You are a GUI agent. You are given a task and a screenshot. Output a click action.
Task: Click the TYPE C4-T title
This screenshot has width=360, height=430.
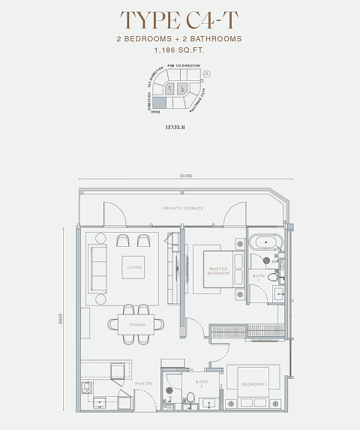click(179, 19)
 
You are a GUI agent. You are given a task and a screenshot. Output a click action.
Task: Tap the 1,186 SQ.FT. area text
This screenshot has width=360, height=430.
click(179, 50)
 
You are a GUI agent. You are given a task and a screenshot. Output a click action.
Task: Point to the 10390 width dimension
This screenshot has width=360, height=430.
click(187, 176)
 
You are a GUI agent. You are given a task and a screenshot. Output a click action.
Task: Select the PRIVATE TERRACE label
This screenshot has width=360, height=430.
click(183, 207)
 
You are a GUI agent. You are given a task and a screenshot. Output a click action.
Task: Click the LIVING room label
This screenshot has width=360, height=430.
click(134, 267)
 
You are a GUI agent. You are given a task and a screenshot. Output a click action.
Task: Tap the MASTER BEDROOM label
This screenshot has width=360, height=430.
click(218, 272)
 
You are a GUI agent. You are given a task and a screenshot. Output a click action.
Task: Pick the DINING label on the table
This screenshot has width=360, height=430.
click(137, 324)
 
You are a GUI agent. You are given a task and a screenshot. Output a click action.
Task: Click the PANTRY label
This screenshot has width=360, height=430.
click(144, 383)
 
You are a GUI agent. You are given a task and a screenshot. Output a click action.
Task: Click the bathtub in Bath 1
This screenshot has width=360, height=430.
click(265, 242)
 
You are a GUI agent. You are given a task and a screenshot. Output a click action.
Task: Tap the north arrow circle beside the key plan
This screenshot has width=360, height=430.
click(205, 74)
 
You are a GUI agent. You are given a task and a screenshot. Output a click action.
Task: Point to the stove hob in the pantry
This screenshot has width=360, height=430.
click(88, 389)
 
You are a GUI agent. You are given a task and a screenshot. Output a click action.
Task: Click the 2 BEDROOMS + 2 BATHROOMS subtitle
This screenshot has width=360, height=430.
click(179, 38)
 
